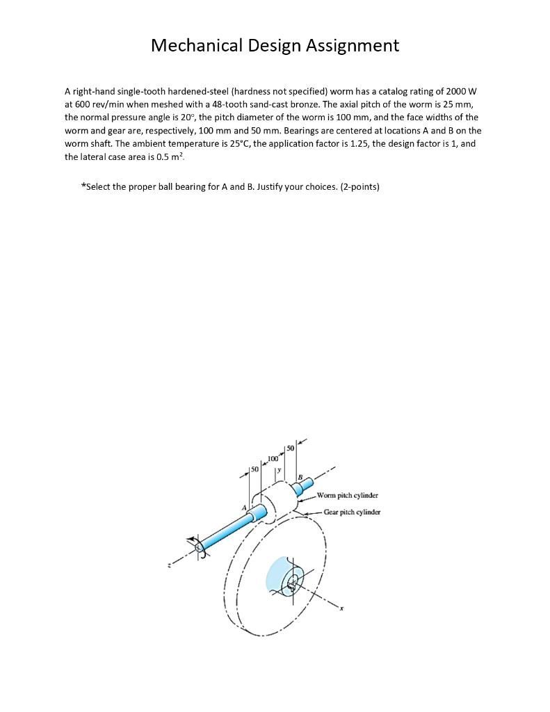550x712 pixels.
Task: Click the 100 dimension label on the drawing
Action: [x=273, y=459]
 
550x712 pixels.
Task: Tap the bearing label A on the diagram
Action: [x=244, y=509]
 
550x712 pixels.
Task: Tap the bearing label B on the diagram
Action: [x=300, y=476]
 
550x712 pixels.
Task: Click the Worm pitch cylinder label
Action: [x=347, y=496]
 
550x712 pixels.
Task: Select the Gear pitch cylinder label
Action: [x=352, y=512]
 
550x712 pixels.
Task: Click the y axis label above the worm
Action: [x=278, y=471]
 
